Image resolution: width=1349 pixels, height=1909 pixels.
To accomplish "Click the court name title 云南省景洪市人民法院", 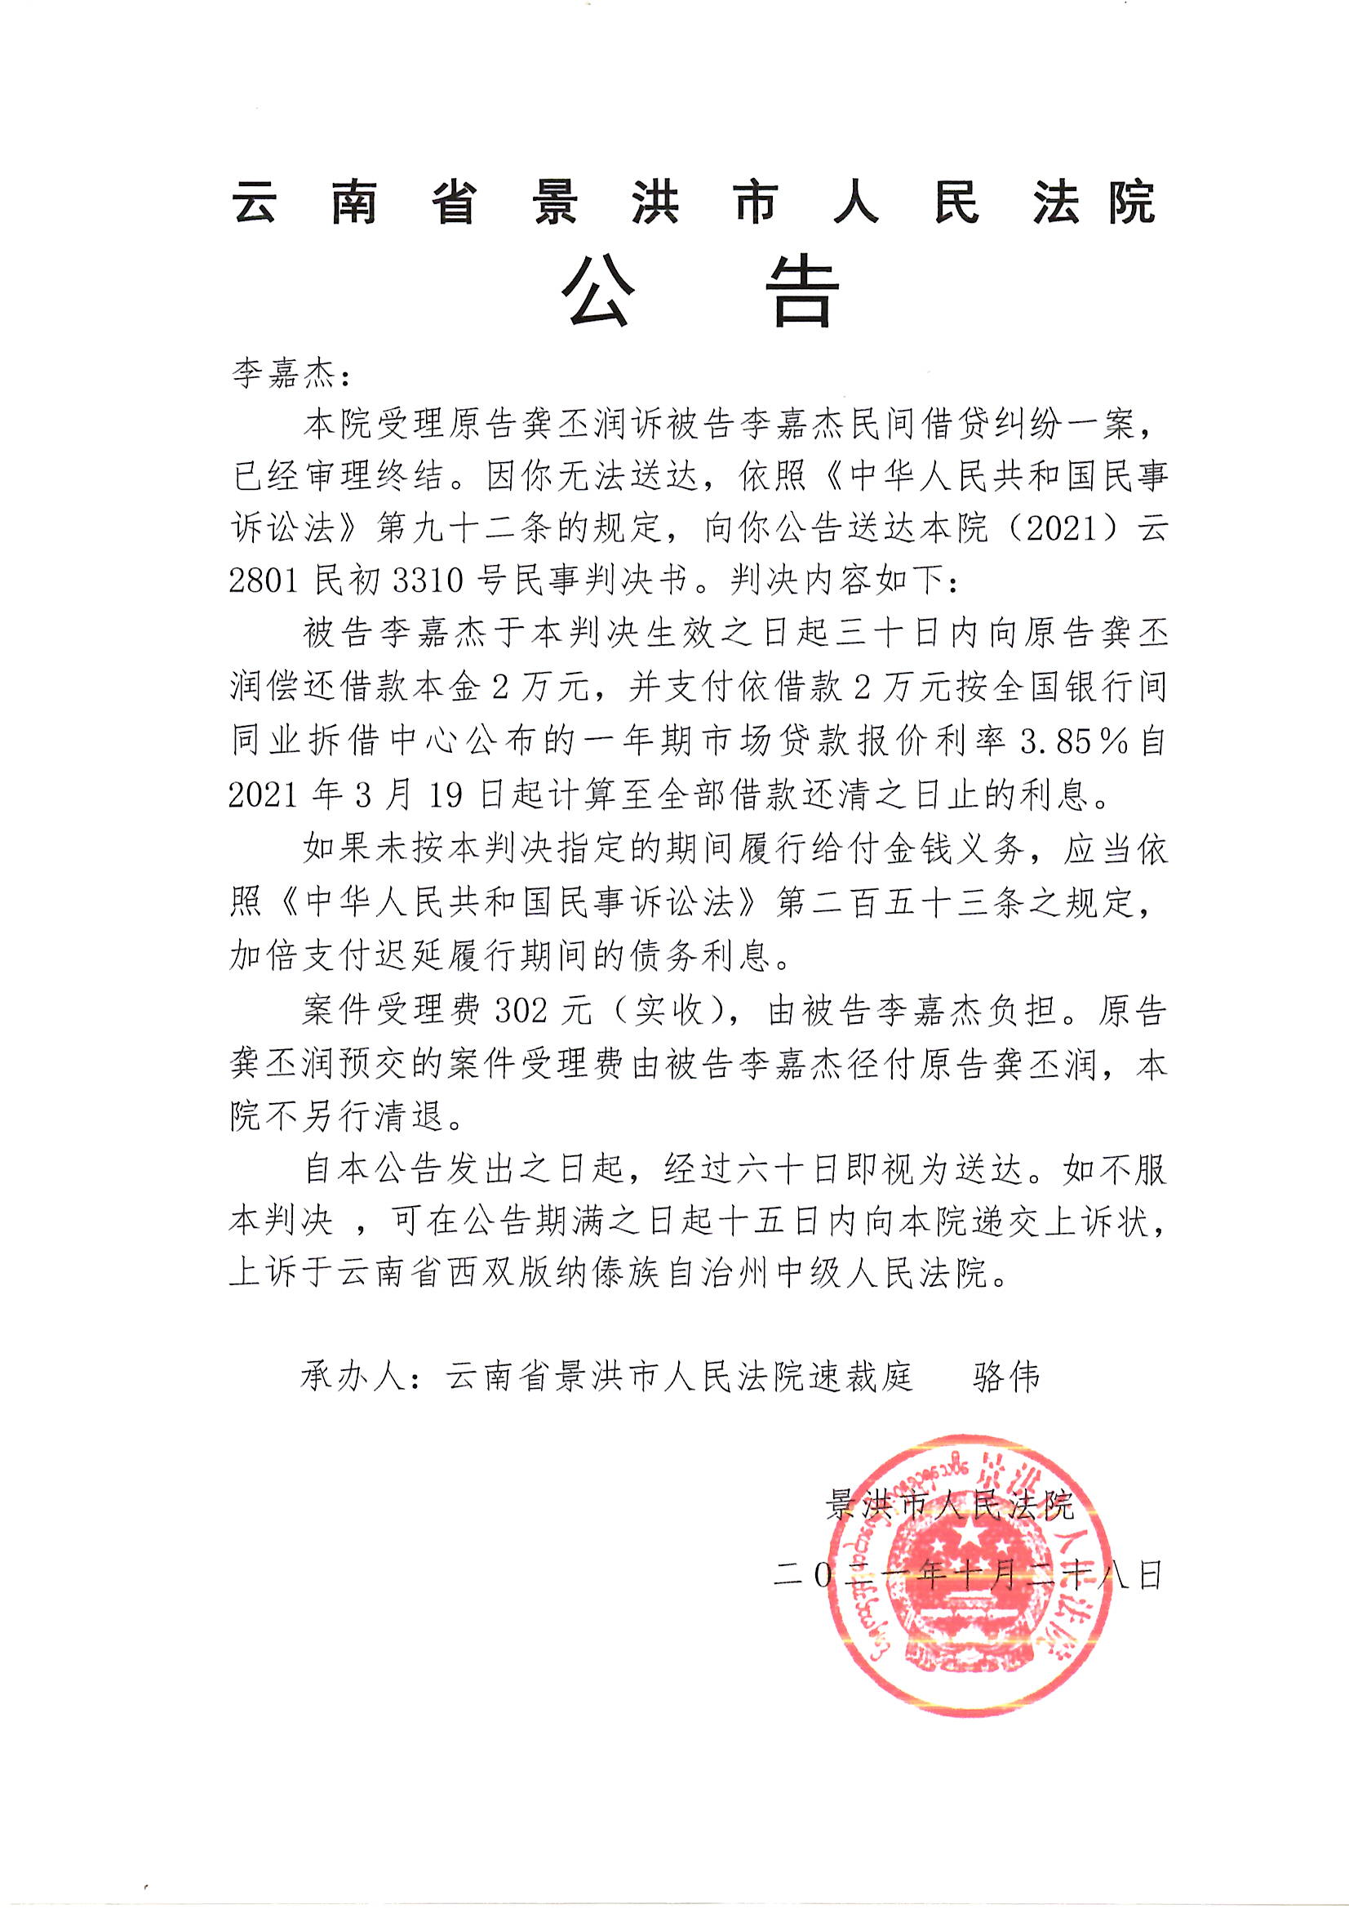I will [x=693, y=202].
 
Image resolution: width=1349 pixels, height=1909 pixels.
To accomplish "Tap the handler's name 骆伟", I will [x=1005, y=1377].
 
